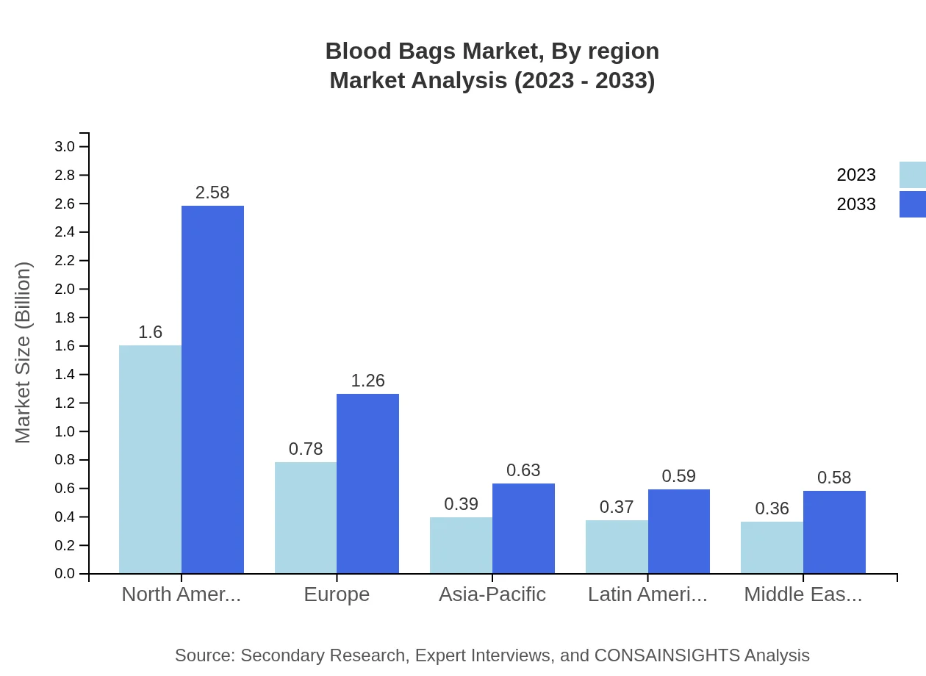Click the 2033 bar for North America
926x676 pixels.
point(212,389)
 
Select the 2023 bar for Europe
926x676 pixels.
point(306,518)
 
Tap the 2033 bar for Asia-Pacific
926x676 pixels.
point(523,528)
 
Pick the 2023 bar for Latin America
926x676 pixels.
point(617,547)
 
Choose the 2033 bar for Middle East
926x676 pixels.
point(834,532)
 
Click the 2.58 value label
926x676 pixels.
point(212,193)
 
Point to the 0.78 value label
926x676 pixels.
point(306,449)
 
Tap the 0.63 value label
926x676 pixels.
point(523,470)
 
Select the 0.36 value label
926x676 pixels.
point(772,508)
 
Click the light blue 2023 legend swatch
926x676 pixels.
point(913,175)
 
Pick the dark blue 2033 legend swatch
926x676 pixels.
point(913,204)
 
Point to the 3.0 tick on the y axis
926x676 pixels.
point(65,147)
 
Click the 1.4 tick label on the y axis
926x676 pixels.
point(65,375)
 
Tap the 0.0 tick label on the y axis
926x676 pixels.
point(65,574)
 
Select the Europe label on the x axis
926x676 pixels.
point(337,594)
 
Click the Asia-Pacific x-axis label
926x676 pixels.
point(492,594)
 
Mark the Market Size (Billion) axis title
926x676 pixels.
point(24,353)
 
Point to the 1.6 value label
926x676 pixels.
point(150,332)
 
